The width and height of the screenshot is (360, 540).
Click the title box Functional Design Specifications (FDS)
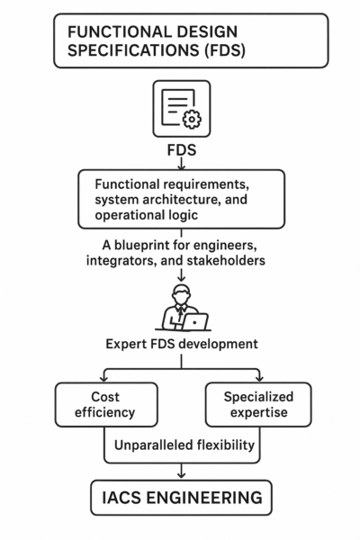pos(180,40)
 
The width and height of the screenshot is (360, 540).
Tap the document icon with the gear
pos(181,109)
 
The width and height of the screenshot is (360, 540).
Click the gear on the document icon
pos(192,119)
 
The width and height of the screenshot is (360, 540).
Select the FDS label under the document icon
pos(181,148)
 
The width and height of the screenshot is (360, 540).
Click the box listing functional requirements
pos(181,198)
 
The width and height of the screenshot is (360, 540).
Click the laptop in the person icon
pos(193,320)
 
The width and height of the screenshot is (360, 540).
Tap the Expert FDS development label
pos(181,346)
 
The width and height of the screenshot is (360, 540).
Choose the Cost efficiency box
pos(106,404)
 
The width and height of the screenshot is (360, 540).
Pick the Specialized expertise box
pos(257,404)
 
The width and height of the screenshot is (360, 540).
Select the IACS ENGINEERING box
pos(181,496)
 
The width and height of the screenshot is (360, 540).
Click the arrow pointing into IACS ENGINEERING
pos(181,471)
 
